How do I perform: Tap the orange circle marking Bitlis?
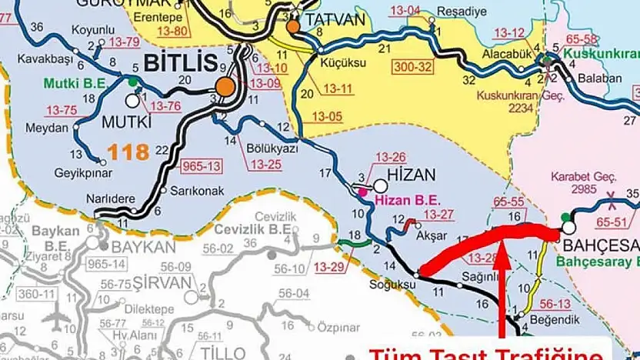[225, 87]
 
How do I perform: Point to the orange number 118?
[128, 152]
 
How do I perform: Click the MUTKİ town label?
[128, 122]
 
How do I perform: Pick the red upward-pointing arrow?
[502, 285]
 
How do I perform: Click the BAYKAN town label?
[143, 248]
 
